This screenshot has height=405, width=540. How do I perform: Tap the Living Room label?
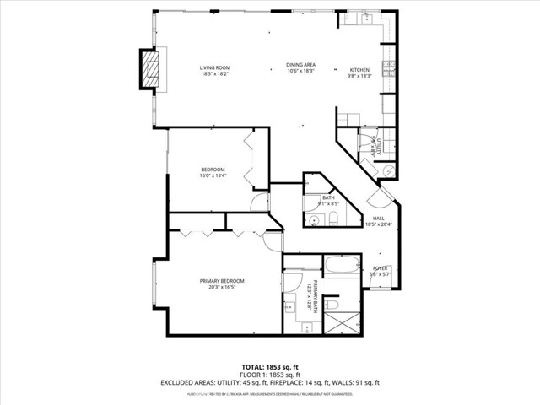215,71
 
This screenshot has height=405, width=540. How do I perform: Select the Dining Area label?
300,68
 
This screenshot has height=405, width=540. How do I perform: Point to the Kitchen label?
360,71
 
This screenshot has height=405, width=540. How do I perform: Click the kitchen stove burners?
389,67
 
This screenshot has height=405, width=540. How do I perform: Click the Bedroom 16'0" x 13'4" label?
213,172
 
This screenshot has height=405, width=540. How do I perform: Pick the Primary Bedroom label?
222,283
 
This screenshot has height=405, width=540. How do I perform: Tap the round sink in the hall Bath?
312,220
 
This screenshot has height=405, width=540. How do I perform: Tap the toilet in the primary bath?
332,303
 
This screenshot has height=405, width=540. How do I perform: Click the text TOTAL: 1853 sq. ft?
270,367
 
